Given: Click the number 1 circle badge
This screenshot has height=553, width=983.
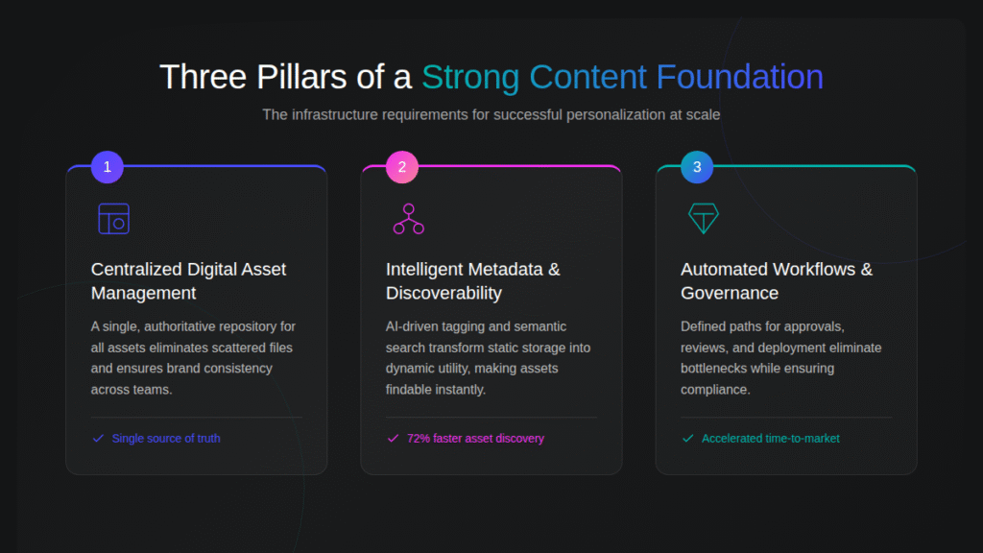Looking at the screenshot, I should coord(108,167).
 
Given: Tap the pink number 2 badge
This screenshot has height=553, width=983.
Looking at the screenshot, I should coord(402,167).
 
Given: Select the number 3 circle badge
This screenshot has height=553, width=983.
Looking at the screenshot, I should coord(697,167).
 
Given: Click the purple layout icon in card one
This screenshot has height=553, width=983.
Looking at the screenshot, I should coord(113,219).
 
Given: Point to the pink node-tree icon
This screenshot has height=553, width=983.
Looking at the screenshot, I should coord(408,219).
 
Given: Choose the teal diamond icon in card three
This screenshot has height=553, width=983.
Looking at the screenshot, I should coord(704,219).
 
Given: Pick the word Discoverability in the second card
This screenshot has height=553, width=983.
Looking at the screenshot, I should coord(444,293).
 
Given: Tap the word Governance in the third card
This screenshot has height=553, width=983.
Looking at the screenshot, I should coord(730,293).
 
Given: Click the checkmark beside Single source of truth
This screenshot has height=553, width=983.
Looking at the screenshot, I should coord(98,439).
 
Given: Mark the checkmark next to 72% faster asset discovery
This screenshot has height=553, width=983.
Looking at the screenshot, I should coord(393,439).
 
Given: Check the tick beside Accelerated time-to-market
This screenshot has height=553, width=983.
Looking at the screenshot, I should coord(687,439).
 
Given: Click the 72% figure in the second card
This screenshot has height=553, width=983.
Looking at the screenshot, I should coord(419,439).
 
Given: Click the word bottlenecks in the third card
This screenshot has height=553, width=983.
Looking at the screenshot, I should coord(713,369).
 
